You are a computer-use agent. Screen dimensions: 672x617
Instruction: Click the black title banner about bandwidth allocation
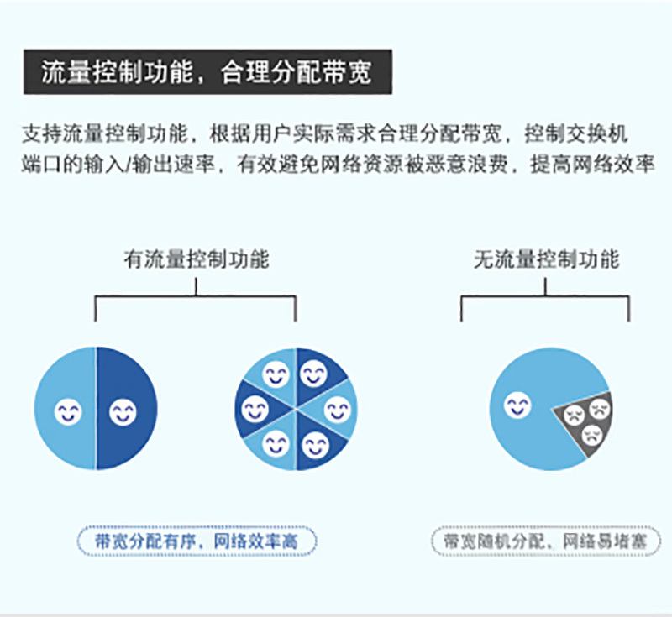coord(207,72)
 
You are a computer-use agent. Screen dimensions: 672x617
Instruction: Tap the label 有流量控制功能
coord(197,259)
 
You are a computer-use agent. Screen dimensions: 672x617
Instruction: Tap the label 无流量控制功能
coord(547,259)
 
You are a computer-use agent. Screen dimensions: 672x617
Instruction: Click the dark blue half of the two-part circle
coord(127,409)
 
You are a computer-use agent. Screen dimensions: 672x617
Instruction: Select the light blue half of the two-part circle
coord(65,409)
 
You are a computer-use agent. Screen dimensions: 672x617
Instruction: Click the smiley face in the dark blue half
coord(123,412)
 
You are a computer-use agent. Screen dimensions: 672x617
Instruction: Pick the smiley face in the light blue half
coord(68,412)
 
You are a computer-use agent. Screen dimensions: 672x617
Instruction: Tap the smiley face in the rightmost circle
coord(517,405)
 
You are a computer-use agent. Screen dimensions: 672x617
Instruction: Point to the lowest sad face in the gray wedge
coord(592,436)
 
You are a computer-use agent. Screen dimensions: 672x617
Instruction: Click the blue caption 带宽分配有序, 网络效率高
coord(197,541)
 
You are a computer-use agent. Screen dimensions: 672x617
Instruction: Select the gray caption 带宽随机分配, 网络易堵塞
coord(546,541)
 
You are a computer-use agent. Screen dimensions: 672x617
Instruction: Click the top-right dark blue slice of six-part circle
coord(318,374)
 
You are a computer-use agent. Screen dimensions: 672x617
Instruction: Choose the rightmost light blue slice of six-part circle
coord(337,409)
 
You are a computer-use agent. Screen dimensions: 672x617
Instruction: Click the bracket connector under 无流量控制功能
coord(545,295)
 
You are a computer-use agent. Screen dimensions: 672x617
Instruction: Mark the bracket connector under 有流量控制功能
coord(196,295)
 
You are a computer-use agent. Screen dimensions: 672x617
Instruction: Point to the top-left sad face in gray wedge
coord(575,415)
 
